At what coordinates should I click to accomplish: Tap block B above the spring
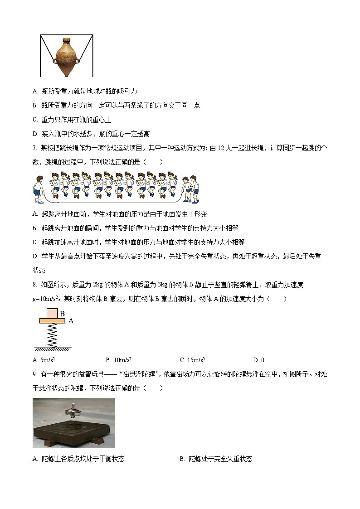click(x=52, y=313)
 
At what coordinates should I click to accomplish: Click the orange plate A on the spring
click(x=52, y=320)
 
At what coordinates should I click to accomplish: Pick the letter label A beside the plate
click(x=71, y=321)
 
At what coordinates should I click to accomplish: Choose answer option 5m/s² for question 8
click(x=44, y=360)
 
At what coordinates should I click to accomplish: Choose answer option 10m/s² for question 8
click(x=118, y=360)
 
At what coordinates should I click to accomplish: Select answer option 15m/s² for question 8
click(x=192, y=360)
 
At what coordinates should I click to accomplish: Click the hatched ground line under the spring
click(x=53, y=349)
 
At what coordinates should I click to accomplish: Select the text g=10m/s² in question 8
click(x=47, y=299)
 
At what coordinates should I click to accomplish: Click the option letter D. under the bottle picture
click(x=35, y=134)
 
